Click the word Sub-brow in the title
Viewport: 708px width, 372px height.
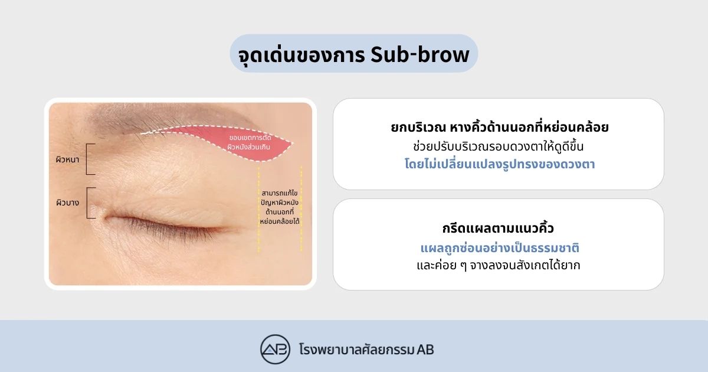click(419, 55)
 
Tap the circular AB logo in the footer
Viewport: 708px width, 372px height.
click(275, 349)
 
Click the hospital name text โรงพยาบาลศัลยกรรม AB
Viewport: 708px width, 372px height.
click(366, 350)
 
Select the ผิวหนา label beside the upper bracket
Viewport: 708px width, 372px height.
click(67, 159)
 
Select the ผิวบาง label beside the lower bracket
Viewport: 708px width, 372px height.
click(67, 203)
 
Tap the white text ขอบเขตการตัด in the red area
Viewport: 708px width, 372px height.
click(250, 138)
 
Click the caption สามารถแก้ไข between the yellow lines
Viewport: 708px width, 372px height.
click(280, 193)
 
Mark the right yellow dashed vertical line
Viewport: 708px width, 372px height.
click(301, 209)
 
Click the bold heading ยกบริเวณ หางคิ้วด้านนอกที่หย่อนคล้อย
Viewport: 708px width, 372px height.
click(499, 127)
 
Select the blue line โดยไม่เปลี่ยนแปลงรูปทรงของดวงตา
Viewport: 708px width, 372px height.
click(500, 164)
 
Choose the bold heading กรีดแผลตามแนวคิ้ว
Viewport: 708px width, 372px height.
click(498, 228)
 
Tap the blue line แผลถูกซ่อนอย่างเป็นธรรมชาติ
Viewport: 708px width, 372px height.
click(500, 247)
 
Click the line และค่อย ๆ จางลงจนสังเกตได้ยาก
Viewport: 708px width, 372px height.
click(499, 265)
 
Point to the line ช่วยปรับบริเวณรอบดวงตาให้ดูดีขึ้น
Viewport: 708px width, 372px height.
click(498, 146)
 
